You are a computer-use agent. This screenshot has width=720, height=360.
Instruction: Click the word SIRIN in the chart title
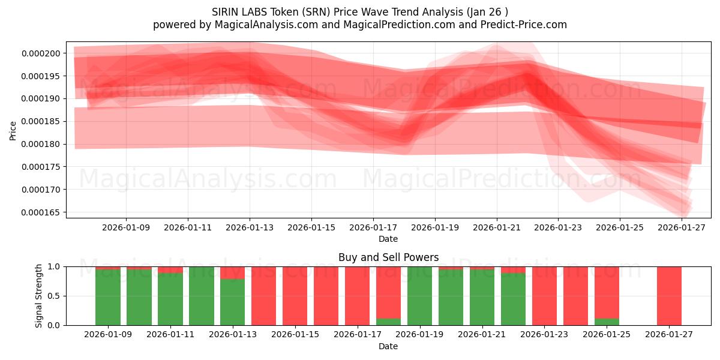(225, 12)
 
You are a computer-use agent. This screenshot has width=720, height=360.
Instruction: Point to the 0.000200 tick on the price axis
(41, 53)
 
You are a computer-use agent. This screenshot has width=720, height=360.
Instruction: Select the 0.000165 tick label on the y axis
(41, 212)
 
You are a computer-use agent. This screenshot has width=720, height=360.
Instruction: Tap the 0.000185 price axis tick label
(41, 122)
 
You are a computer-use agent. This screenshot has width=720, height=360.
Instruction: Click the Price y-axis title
(13, 130)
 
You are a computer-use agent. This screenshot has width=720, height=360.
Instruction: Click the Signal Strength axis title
(39, 296)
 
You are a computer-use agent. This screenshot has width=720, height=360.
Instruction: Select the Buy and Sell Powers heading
(388, 257)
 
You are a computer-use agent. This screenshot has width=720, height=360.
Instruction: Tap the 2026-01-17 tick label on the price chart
(373, 228)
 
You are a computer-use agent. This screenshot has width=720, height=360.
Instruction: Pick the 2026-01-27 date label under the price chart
(682, 228)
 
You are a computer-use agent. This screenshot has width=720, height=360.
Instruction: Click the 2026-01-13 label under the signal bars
(233, 335)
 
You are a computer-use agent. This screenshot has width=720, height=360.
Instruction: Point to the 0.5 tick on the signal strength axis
(54, 296)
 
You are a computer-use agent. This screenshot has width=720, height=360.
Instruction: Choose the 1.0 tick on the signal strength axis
(54, 266)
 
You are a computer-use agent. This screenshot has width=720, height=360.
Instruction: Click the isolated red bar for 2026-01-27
(669, 296)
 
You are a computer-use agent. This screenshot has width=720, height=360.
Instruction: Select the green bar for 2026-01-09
(108, 297)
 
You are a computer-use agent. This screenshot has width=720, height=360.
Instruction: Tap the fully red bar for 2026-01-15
(295, 296)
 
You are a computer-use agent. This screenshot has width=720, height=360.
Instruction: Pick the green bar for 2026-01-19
(420, 296)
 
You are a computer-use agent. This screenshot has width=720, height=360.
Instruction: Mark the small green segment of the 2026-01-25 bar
(607, 322)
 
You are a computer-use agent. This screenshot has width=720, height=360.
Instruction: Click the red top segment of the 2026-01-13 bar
(233, 272)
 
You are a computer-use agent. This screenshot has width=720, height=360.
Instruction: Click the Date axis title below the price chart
(388, 239)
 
